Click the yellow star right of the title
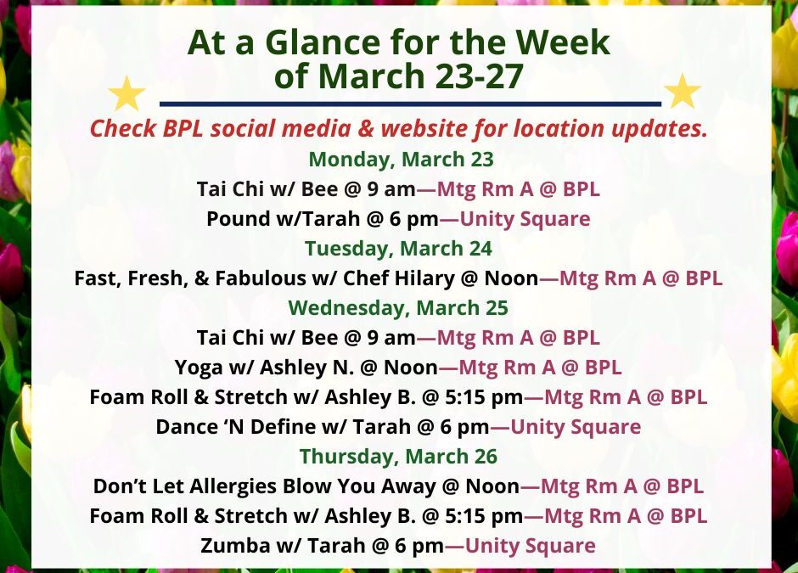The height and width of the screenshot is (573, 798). point(682,92)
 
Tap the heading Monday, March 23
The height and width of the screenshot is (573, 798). point(401,160)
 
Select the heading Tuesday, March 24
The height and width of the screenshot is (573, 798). point(398,249)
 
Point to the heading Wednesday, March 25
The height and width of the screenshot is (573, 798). point(398,307)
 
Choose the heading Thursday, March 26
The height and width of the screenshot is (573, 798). point(398,456)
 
